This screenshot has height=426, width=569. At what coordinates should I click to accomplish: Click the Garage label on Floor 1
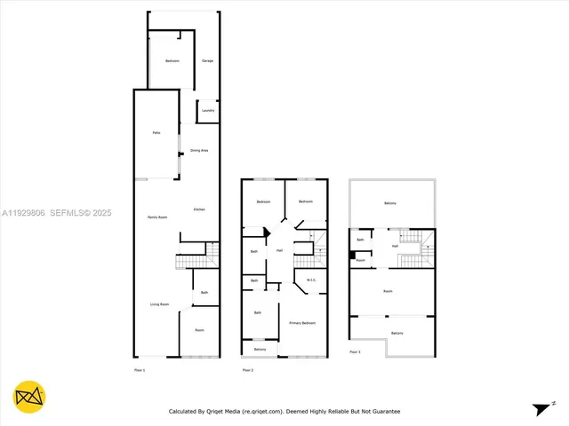206,60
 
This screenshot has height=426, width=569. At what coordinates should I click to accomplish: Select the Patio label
156,132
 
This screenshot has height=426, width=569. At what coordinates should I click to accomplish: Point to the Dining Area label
199,151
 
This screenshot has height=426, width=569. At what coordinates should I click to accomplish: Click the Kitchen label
199,209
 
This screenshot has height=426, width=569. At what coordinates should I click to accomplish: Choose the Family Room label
158,217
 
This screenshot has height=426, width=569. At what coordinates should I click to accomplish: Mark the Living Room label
158,304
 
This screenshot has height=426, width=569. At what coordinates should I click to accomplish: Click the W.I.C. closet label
311,280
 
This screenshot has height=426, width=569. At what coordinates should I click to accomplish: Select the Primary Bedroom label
302,323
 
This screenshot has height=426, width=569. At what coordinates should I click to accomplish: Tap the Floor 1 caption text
139,368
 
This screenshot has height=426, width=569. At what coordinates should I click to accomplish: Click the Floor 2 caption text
247,368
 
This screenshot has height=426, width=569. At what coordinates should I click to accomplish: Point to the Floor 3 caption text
354,352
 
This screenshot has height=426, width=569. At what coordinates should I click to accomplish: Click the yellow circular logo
29,398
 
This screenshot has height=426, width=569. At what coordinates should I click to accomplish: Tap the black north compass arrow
541,408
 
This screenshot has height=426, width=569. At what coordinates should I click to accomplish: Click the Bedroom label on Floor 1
172,60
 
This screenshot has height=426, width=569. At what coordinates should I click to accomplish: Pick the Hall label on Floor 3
394,246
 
